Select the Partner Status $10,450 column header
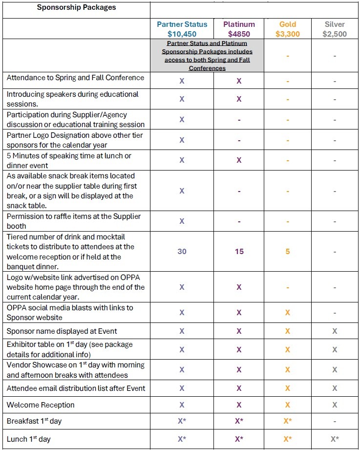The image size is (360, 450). (x=182, y=29)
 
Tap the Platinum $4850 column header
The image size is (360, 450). (x=239, y=29)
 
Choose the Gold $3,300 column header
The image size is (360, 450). (x=287, y=29)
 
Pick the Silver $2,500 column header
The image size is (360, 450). (x=335, y=29)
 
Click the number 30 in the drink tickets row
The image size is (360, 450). (x=182, y=252)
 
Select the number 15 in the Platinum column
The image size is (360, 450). (x=239, y=252)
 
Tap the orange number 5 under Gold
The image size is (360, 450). (x=288, y=252)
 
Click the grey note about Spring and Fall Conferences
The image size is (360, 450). (x=207, y=56)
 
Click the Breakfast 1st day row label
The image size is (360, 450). (x=34, y=421)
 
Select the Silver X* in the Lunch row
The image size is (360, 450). (x=335, y=439)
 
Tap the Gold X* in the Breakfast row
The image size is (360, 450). (x=288, y=421)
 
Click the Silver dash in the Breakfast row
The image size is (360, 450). (x=335, y=421)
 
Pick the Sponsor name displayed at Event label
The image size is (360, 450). (x=62, y=331)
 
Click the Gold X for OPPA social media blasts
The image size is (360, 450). (x=288, y=312)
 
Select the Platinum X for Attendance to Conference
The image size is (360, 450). (x=239, y=81)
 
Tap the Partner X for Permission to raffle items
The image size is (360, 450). (x=182, y=221)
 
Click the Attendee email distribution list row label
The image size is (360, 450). (x=76, y=388)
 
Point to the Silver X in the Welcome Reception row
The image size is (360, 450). (x=335, y=405)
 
